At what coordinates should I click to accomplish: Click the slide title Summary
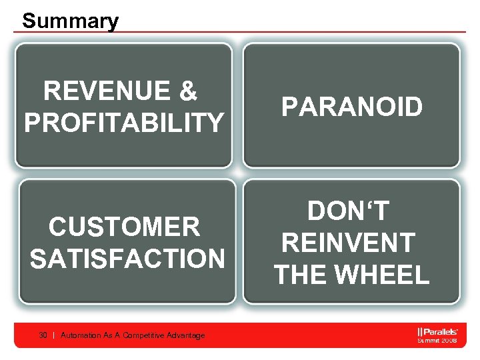click(x=70, y=21)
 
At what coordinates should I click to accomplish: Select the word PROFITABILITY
click(x=124, y=123)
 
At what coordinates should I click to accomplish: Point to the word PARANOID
click(x=351, y=107)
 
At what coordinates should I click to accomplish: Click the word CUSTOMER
click(x=124, y=227)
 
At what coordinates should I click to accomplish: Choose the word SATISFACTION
click(x=127, y=259)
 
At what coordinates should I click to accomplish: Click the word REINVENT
click(x=349, y=243)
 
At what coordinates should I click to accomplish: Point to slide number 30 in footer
click(x=43, y=335)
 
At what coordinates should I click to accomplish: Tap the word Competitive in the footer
click(x=145, y=335)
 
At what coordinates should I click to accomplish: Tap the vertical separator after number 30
click(x=53, y=335)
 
